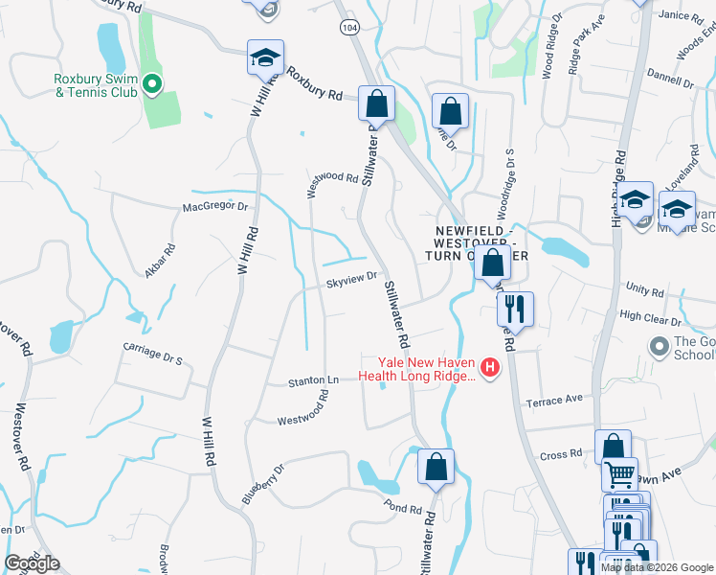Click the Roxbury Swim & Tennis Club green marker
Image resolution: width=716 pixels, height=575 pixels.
coord(151,86)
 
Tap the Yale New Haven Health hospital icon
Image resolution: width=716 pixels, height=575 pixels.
coord(490,368)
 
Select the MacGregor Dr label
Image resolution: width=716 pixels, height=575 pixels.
coord(215,206)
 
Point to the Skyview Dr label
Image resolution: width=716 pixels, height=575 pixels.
coord(347,283)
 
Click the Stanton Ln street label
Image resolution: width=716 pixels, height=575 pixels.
coord(314,381)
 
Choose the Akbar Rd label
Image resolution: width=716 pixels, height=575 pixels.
coord(160,261)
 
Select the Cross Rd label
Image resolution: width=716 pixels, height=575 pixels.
coord(561,455)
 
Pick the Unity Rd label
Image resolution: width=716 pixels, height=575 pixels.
coord(643,287)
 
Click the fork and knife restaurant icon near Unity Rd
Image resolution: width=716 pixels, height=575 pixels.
coord(515,309)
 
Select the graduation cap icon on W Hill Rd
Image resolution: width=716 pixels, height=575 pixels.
coord(265,58)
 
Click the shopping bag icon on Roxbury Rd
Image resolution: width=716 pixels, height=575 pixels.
coord(377,103)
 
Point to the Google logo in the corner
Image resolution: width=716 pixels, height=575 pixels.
coord(32,563)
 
